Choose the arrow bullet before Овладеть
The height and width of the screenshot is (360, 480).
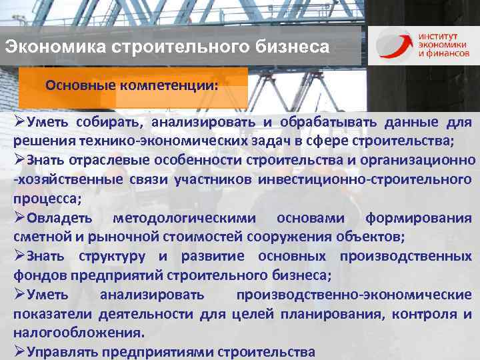click(x=19, y=218)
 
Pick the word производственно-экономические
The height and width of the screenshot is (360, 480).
click(x=354, y=294)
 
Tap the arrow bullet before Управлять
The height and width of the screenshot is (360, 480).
click(x=19, y=351)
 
